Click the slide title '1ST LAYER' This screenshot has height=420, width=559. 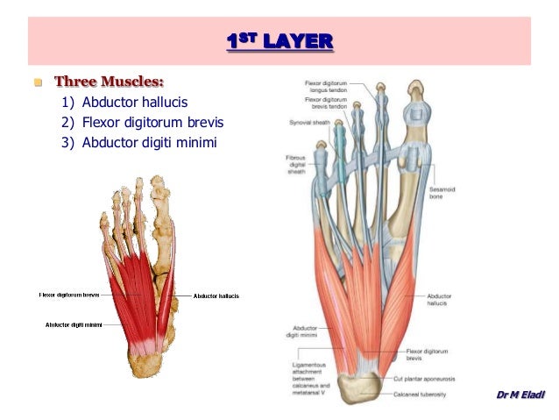coord(279,41)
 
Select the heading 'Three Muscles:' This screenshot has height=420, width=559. coord(110,83)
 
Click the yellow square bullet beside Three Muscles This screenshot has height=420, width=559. coord(39,84)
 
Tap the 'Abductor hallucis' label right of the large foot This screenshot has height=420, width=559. coord(438,299)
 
